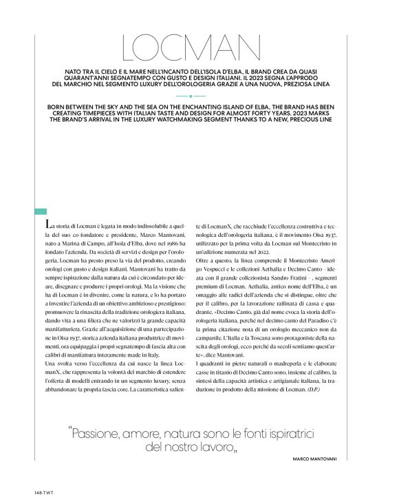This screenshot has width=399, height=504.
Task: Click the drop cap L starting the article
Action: (x=47, y=224)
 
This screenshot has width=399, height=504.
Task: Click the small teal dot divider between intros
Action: (x=199, y=96)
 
